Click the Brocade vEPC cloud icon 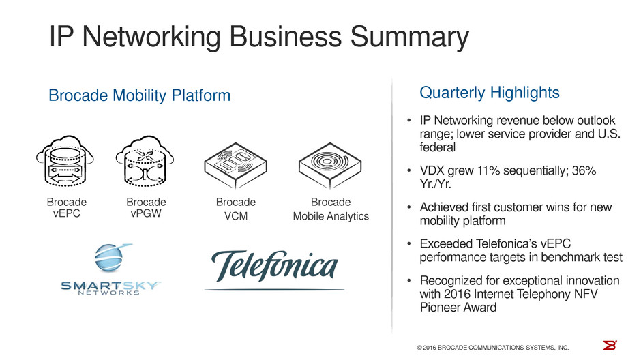point(62,164)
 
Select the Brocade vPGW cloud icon point(143,164)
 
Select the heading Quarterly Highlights point(490,92)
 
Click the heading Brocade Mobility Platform point(140,96)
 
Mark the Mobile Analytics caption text point(331,216)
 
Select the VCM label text point(236,216)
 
